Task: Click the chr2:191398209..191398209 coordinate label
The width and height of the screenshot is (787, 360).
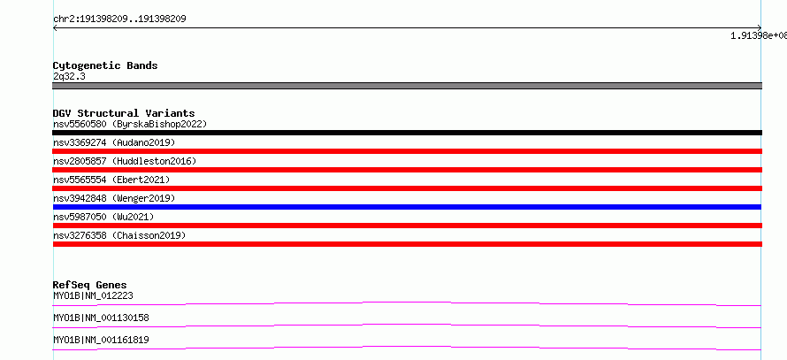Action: pyautogui.click(x=119, y=19)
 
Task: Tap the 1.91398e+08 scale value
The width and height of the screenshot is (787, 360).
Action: pyautogui.click(x=759, y=35)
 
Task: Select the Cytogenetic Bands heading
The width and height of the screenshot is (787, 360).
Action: pyautogui.click(x=105, y=65)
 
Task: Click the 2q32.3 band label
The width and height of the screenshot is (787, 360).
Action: pyautogui.click(x=69, y=76)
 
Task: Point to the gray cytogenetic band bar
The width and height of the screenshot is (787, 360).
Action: pyautogui.click(x=407, y=86)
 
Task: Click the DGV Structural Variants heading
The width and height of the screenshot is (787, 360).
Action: pyautogui.click(x=124, y=113)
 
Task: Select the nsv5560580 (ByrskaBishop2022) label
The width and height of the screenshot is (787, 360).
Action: pyautogui.click(x=130, y=124)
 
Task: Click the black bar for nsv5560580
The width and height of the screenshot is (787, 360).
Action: pyautogui.click(x=407, y=133)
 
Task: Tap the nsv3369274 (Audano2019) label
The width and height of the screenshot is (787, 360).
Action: pyautogui.click(x=114, y=142)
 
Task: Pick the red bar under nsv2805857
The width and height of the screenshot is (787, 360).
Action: pyautogui.click(x=407, y=170)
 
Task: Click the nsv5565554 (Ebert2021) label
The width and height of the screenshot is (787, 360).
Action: pyautogui.click(x=111, y=180)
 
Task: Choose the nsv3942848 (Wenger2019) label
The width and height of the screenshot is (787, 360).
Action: pyautogui.click(x=114, y=198)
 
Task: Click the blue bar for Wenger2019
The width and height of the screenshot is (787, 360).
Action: pyautogui.click(x=407, y=207)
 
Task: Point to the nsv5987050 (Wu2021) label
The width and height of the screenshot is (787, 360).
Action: pyautogui.click(x=103, y=217)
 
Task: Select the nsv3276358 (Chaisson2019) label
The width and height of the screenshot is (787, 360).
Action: pyautogui.click(x=119, y=235)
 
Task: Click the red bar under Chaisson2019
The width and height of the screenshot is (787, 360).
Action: pyautogui.click(x=407, y=244)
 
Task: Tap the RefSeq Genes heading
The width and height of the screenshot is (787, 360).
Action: pyautogui.click(x=90, y=285)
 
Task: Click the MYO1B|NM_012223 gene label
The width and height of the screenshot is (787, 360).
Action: pyautogui.click(x=93, y=295)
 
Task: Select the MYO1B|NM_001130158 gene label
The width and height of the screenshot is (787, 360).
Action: pyautogui.click(x=101, y=318)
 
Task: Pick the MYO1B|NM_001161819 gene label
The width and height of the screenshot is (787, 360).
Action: pyautogui.click(x=101, y=340)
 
